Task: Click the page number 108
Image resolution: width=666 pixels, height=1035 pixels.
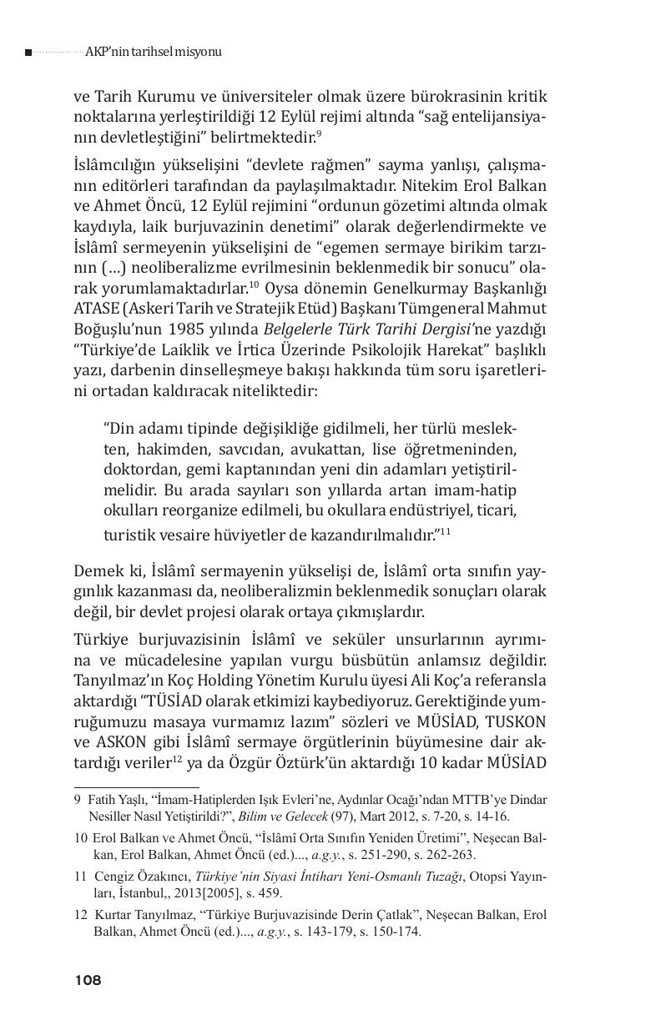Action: coord(88,980)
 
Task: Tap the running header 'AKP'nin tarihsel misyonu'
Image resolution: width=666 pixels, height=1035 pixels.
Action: coord(154,52)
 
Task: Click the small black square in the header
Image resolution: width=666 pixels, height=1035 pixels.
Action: coord(28,53)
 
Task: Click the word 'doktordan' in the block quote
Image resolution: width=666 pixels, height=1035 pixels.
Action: coord(139,469)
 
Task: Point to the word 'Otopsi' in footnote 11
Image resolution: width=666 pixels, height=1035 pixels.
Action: coord(481,877)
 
